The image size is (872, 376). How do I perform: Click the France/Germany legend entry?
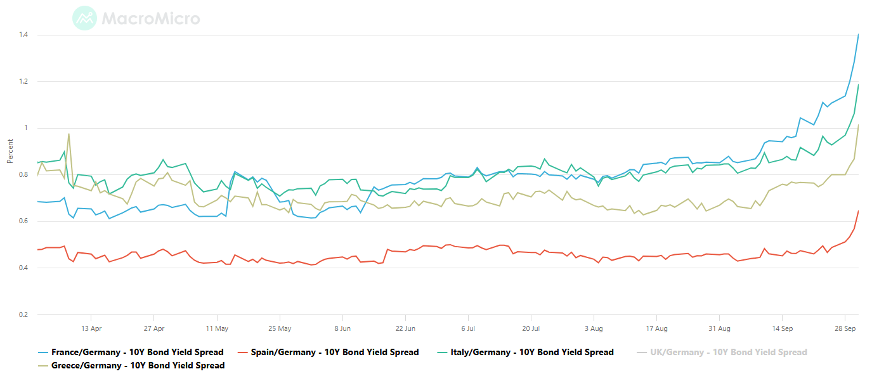(131, 353)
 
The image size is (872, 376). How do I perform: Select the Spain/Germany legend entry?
(328, 353)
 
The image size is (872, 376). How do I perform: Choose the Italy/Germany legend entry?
(526, 353)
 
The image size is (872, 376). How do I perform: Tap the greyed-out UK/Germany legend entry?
(722, 353)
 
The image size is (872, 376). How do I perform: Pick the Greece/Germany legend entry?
(131, 365)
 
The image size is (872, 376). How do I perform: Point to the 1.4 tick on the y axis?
(23, 35)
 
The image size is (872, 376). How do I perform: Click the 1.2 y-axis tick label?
(23, 81)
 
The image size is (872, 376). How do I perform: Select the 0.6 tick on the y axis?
(23, 221)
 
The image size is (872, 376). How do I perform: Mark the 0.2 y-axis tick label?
(23, 314)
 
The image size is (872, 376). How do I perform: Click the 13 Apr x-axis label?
(91, 328)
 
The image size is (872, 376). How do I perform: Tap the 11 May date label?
(217, 328)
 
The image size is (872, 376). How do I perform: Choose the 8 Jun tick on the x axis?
(342, 328)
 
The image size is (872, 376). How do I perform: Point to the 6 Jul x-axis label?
(468, 328)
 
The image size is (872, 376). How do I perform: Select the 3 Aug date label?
(594, 328)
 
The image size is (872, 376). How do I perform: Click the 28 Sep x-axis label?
(845, 328)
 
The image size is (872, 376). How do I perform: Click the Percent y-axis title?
(10, 151)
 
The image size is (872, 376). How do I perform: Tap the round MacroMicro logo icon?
(84, 18)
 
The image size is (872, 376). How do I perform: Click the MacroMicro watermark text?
(151, 18)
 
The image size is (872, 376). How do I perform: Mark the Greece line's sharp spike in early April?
(69, 134)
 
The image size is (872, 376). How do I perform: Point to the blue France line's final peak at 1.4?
(859, 35)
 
